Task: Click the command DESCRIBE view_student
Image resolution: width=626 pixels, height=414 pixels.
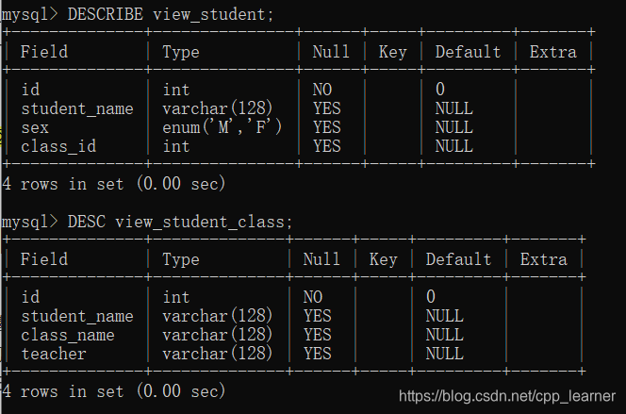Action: [171, 14]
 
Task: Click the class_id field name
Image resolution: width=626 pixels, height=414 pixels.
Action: [58, 146]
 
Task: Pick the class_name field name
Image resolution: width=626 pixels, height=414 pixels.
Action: [68, 335]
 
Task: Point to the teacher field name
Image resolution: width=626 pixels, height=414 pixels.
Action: [54, 354]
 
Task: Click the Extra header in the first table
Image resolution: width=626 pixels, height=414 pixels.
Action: [552, 52]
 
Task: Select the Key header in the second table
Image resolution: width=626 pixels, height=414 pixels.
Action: [383, 259]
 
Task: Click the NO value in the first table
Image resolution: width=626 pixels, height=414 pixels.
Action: [322, 90]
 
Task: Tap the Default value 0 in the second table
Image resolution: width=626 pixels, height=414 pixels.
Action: [431, 297]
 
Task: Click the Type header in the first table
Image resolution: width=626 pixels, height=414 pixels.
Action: [181, 52]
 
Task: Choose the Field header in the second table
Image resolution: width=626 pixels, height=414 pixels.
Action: [44, 259]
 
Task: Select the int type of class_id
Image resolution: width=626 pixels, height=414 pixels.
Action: [176, 146]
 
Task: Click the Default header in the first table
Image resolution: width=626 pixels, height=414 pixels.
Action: [468, 52]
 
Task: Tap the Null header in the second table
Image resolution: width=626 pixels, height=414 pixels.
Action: [322, 259]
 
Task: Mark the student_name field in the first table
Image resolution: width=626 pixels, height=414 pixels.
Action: [77, 108]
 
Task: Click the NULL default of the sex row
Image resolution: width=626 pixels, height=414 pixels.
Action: [453, 127]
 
